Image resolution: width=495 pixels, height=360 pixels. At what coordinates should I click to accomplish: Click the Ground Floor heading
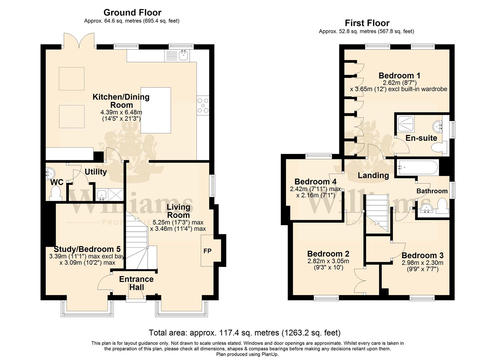(132, 13)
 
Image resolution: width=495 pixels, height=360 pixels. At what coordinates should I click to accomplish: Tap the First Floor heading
(367, 23)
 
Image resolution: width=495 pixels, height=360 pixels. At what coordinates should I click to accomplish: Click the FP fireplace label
(208, 251)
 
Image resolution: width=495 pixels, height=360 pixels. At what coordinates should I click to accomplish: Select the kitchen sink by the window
(183, 55)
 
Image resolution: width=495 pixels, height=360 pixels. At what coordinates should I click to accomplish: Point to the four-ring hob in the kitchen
(203, 105)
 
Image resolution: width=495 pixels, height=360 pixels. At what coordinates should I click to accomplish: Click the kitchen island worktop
(156, 110)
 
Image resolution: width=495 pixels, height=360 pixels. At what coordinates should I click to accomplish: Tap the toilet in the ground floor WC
(55, 193)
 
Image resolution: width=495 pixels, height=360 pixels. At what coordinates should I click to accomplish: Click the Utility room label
(96, 172)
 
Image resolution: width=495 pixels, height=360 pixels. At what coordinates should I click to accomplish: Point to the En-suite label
(421, 138)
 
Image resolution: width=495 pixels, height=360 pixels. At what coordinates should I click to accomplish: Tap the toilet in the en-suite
(439, 148)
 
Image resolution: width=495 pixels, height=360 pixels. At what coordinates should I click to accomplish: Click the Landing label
(373, 175)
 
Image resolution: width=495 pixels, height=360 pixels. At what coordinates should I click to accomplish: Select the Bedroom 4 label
(315, 182)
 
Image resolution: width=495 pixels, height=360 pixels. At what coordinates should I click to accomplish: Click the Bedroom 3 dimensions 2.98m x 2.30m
(422, 263)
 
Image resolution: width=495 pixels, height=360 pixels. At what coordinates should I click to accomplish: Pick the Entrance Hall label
(136, 283)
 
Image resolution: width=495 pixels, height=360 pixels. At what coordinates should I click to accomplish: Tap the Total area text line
(245, 333)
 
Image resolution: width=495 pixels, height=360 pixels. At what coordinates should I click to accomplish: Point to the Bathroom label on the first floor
(432, 191)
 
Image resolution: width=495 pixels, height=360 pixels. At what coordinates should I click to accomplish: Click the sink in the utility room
(102, 194)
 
